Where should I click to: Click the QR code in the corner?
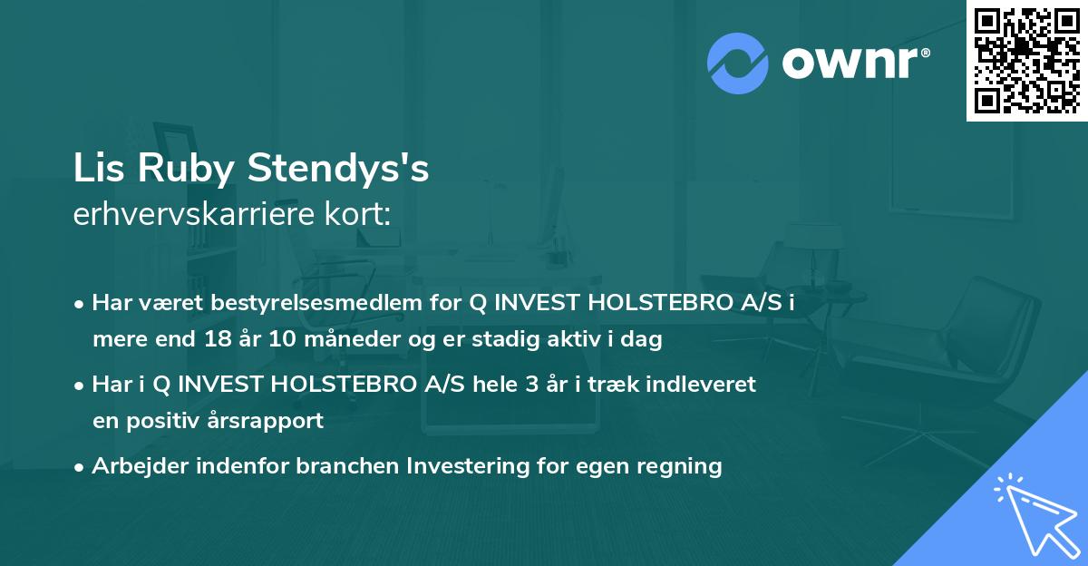point(1027,60)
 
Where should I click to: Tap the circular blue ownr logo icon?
point(738,63)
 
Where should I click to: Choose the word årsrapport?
point(271,421)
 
